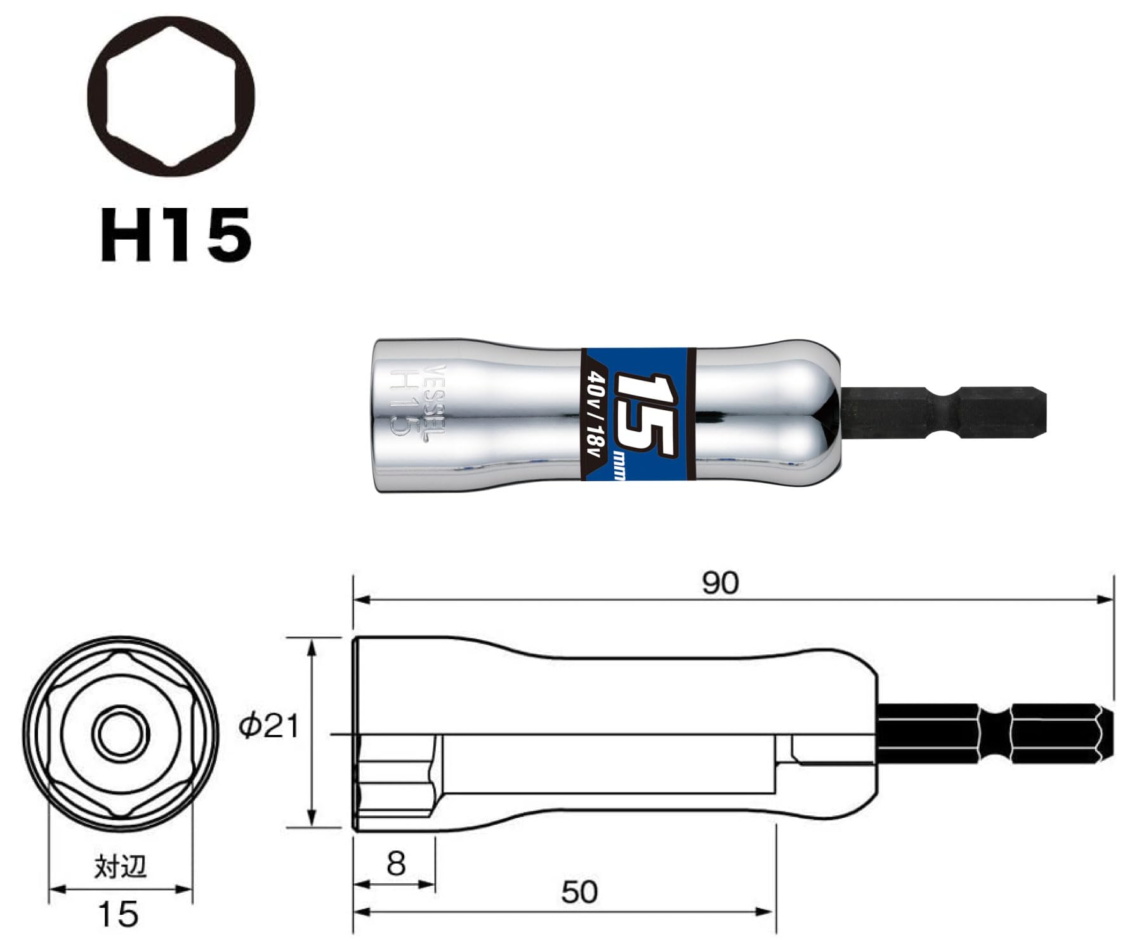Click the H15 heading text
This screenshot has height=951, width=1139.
pyautogui.click(x=176, y=235)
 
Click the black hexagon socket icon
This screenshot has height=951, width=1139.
pyautogui.click(x=171, y=96)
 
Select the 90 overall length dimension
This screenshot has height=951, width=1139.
pyautogui.click(x=720, y=582)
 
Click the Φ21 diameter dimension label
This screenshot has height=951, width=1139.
pyautogui.click(x=268, y=727)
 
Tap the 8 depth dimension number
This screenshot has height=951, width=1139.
pyautogui.click(x=395, y=864)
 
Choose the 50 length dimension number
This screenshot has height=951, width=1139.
pyautogui.click(x=579, y=892)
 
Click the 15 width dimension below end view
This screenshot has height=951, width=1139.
pyautogui.click(x=118, y=914)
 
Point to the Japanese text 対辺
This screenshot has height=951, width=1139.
pyautogui.click(x=121, y=867)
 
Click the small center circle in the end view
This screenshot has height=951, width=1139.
pyautogui.click(x=121, y=735)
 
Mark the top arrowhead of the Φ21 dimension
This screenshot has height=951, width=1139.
pyautogui.click(x=311, y=647)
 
